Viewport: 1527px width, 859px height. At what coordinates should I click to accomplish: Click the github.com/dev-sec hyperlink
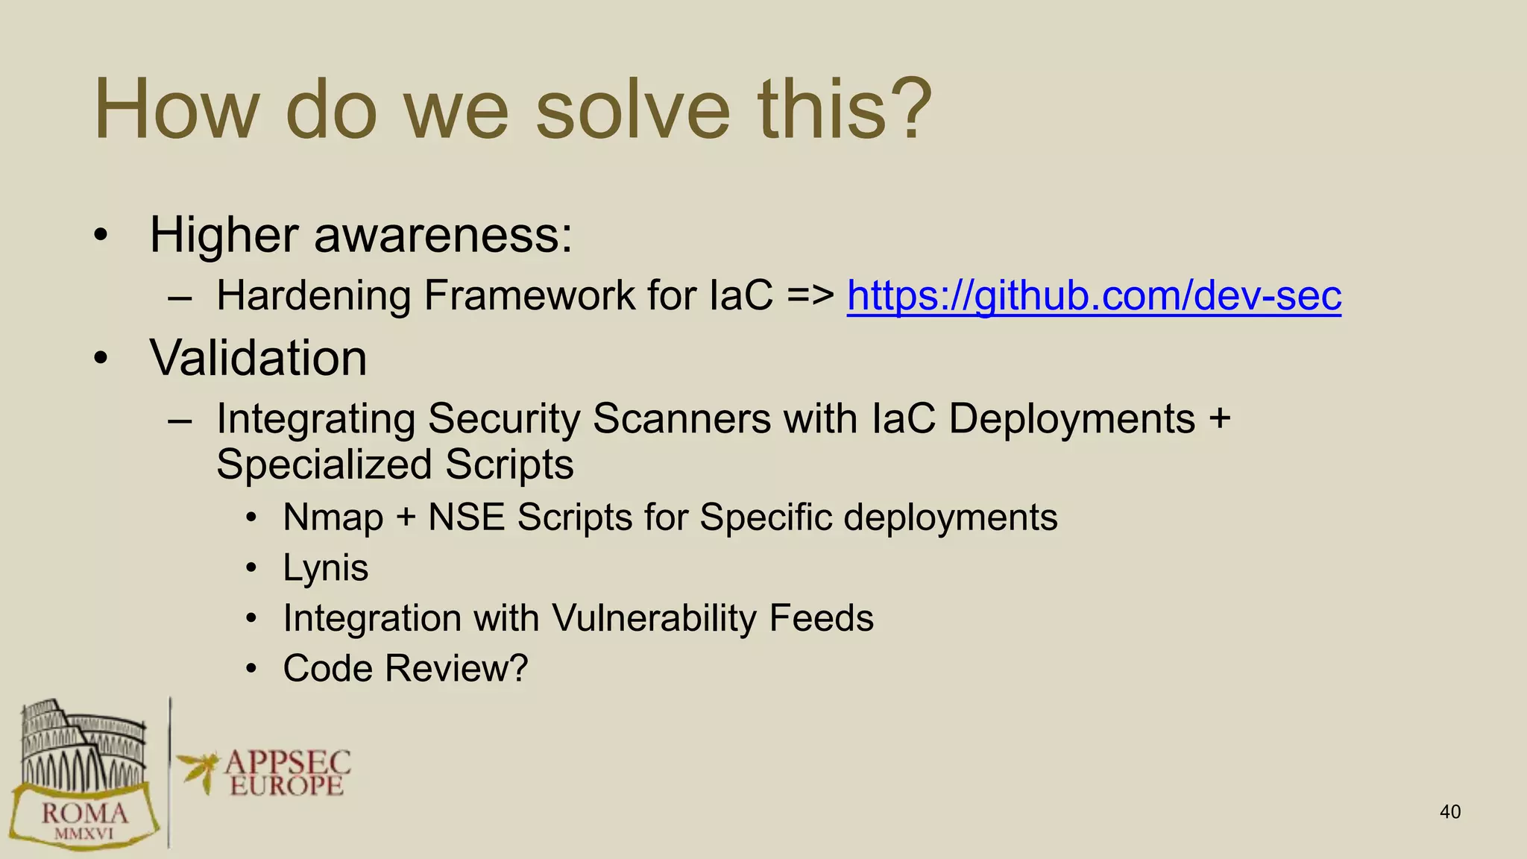click(1093, 296)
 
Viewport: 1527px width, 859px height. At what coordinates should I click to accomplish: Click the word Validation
click(258, 358)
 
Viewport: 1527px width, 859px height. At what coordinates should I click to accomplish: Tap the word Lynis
click(325, 568)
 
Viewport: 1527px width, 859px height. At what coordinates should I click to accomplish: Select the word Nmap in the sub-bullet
click(333, 517)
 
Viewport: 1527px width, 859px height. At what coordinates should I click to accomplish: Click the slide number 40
click(1449, 812)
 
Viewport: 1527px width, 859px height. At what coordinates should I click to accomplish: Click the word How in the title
click(174, 110)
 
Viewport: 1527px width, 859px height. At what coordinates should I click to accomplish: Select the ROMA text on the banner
click(84, 814)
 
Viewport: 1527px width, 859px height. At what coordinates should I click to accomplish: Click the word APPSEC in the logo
click(287, 763)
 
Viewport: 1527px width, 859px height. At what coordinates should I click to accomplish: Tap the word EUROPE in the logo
click(286, 786)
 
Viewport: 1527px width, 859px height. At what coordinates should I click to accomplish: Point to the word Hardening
click(313, 296)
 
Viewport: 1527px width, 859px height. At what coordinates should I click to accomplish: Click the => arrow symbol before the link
click(810, 296)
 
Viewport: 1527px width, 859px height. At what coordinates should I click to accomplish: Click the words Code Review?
click(405, 668)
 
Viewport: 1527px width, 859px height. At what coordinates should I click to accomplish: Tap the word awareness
click(443, 235)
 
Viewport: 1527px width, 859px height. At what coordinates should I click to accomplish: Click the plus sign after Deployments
click(1219, 418)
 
